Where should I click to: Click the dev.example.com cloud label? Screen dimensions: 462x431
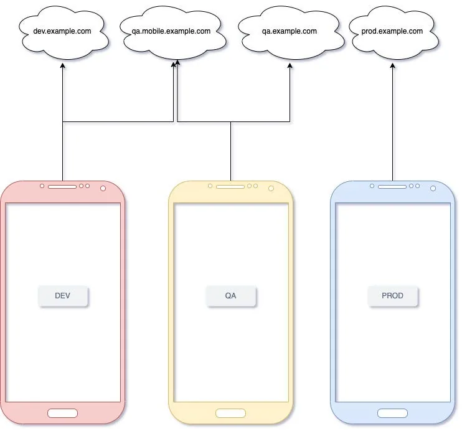(62, 31)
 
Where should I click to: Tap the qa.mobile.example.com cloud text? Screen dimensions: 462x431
(171, 31)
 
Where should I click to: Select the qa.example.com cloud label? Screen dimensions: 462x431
(290, 31)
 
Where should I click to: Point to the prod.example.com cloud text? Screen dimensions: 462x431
(392, 31)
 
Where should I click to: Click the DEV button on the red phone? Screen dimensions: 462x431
(63, 296)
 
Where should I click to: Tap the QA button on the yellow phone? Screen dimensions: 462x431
(231, 296)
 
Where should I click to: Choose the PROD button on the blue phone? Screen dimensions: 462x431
(392, 296)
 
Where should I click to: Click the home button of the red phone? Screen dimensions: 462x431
(62, 413)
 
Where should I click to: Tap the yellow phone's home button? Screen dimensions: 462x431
(231, 413)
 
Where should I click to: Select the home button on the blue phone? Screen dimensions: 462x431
(392, 413)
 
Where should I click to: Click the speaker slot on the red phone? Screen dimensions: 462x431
(62, 187)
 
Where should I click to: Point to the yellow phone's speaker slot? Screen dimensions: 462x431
(230, 187)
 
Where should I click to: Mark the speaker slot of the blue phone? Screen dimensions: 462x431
(392, 187)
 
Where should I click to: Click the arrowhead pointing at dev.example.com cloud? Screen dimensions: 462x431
(62, 65)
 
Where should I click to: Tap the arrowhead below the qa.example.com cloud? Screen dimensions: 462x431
(290, 65)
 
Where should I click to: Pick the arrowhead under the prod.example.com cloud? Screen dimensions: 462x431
(392, 65)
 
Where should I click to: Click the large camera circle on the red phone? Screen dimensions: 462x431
(103, 188)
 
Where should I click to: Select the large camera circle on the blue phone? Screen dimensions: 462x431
(433, 188)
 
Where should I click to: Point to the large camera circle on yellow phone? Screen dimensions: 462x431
(271, 188)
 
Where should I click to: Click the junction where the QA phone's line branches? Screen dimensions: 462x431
(231, 121)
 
